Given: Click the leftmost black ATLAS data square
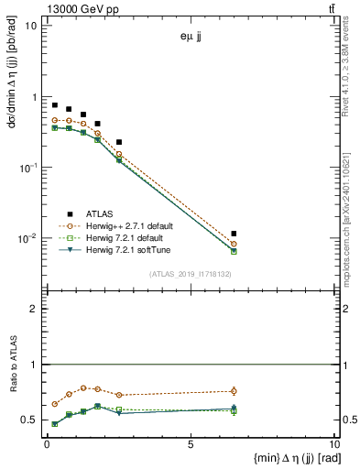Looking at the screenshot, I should [x=55, y=105].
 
